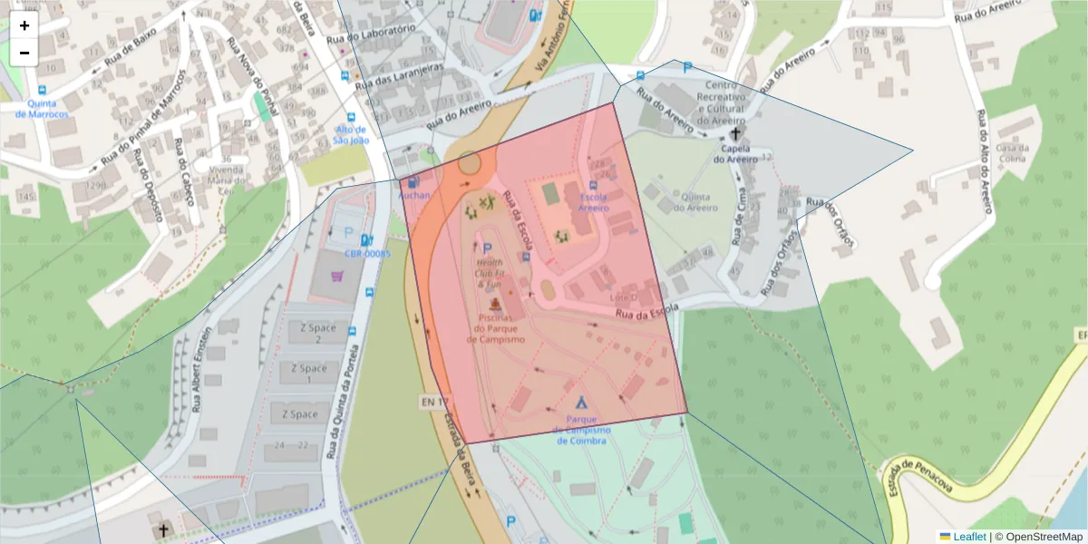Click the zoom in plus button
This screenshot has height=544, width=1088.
pos(24,25)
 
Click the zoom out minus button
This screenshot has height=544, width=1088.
pos(24,53)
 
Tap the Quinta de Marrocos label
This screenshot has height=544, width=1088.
pos(42,109)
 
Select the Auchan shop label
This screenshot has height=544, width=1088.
pos(414,194)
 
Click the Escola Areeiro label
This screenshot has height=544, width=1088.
pos(594,201)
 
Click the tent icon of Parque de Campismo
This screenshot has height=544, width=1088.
pos(581,401)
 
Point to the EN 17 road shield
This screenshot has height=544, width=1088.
pos(434,401)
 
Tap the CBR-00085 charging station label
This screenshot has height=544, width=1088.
pos(367,254)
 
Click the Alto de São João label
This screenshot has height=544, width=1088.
pos(351,134)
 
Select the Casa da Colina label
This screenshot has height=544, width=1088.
pos(1011,153)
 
